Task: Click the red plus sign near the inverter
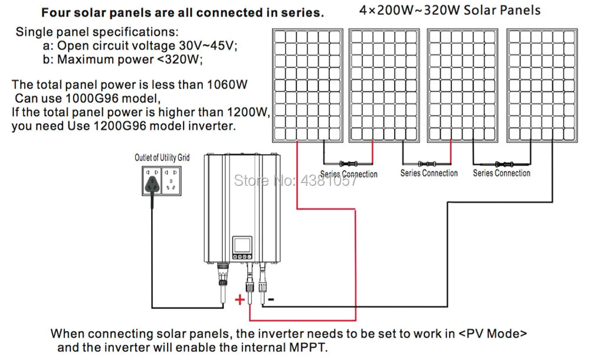pos(240,300)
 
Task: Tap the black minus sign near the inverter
pos(271,300)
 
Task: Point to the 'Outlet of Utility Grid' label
pos(162,158)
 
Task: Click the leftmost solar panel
pos(307,85)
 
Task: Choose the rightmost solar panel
pos(542,85)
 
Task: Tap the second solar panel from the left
pos(384,85)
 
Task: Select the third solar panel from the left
pos(463,85)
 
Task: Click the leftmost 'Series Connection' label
pos(349,174)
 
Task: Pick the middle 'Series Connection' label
pos(429,173)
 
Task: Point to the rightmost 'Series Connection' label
pos(501,173)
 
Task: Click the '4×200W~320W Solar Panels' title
pos(450,11)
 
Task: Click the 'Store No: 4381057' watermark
pos(295,180)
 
